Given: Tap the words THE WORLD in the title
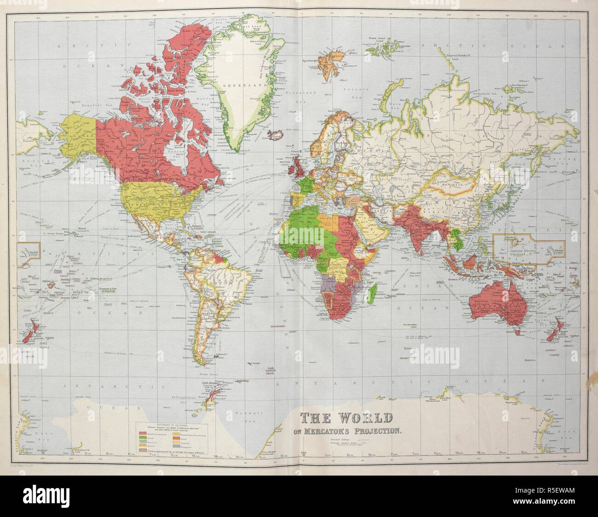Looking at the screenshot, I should (x=346, y=418).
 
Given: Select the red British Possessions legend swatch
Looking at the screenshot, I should (x=143, y=435).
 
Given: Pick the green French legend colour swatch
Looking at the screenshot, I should (x=143, y=441).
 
